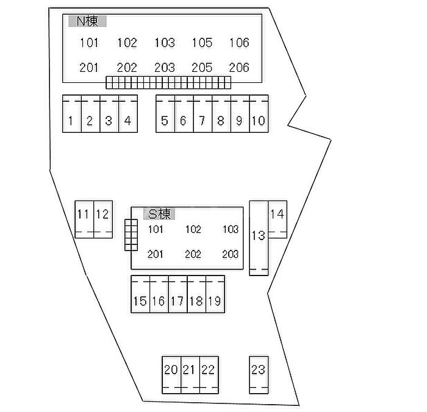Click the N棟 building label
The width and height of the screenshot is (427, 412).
87,21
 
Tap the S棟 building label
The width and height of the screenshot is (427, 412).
159,213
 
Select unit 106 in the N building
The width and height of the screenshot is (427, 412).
239,43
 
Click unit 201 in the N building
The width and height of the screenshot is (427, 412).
89,68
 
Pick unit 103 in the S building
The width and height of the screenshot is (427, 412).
231,230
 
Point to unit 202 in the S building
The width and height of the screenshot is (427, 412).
193,254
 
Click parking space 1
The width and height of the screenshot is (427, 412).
71,121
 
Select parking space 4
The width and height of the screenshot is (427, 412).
127,121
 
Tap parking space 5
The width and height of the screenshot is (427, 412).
165,121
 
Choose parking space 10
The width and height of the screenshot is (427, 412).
259,121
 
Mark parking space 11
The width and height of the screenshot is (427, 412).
84,215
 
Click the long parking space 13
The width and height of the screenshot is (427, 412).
258,235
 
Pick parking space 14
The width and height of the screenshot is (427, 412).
277,214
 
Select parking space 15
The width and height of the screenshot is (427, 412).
140,300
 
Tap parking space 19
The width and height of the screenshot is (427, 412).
214,300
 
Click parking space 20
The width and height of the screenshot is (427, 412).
171,369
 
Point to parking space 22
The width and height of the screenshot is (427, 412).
209,369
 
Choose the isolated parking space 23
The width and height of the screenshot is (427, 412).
258,369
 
